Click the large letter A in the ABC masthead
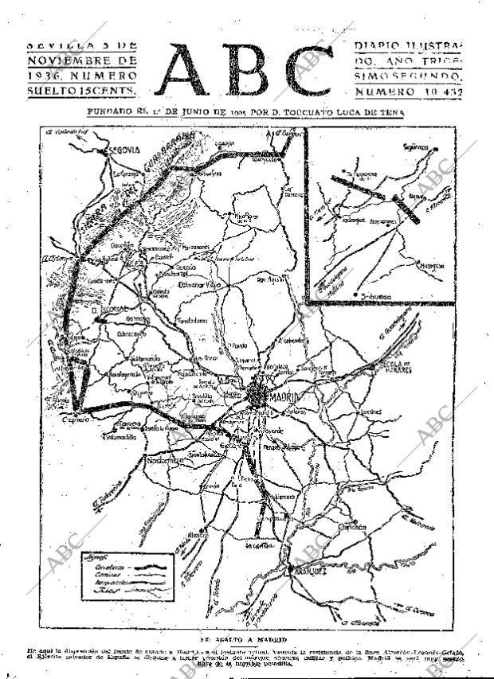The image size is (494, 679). [190, 70]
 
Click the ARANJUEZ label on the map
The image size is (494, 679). [316, 571]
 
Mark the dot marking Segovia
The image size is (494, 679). [94, 149]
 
